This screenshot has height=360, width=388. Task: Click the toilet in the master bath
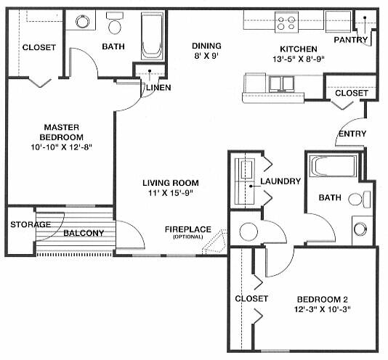(x=115, y=23)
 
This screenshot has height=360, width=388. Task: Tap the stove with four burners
(x=286, y=22)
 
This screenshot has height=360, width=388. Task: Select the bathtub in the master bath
(x=152, y=36)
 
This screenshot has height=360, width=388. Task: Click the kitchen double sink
(x=282, y=83)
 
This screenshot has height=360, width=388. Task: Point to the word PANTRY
(x=351, y=40)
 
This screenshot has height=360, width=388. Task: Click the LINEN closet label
(x=158, y=88)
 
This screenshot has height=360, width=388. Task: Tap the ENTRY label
(x=352, y=134)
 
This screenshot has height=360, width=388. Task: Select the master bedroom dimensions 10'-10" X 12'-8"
(x=61, y=147)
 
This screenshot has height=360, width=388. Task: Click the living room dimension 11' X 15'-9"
(x=171, y=192)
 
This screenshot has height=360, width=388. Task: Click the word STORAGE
(x=31, y=224)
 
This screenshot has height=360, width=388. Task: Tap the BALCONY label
(x=84, y=233)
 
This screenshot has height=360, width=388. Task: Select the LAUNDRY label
(x=280, y=181)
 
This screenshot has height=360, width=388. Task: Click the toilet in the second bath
(x=360, y=199)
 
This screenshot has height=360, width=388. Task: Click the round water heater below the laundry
(x=248, y=232)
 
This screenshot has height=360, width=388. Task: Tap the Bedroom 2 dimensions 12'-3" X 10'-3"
(x=323, y=309)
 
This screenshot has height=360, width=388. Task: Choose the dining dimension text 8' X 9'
(x=206, y=56)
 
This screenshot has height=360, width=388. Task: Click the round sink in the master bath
(x=82, y=22)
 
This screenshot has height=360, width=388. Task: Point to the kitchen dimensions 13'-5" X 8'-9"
(x=299, y=59)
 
